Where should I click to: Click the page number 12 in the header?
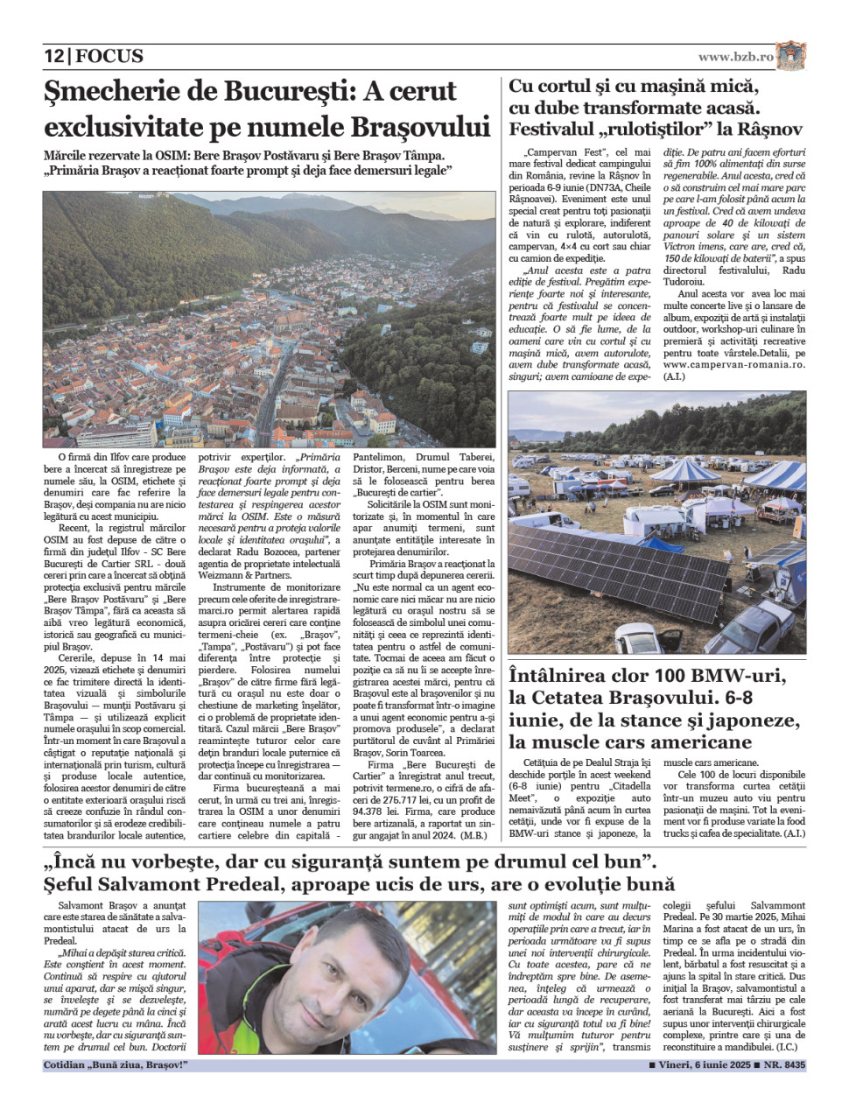(53, 56)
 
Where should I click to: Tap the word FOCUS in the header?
(109, 56)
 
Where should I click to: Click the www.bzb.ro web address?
(735, 57)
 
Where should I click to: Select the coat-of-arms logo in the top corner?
(791, 56)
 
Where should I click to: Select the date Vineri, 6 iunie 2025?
(705, 1065)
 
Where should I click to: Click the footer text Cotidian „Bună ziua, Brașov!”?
(115, 1065)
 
